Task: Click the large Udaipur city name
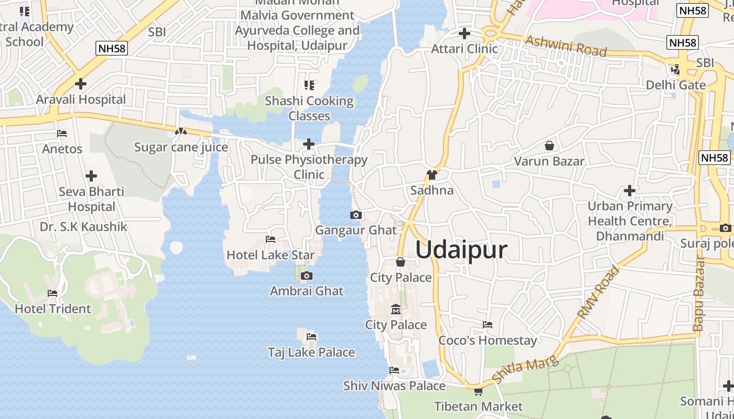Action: [461, 250]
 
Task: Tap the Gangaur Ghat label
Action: [355, 230]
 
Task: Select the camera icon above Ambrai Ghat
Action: [307, 276]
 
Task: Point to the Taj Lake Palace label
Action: [311, 352]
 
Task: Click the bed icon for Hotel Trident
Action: [52, 293]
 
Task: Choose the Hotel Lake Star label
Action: [271, 255]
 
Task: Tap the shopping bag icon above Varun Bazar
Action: [549, 146]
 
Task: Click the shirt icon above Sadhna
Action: [432, 175]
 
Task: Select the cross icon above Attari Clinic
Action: [464, 34]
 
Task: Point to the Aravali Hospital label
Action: [81, 99]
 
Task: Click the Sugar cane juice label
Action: [181, 147]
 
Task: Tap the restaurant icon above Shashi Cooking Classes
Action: [309, 85]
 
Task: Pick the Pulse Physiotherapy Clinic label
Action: [309, 167]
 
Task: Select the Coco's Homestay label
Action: [488, 340]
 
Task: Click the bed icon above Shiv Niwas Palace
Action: [394, 370]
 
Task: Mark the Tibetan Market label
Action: [478, 406]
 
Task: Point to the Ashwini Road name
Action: [566, 46]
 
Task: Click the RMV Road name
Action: [598, 292]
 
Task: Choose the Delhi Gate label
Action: [675, 85]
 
